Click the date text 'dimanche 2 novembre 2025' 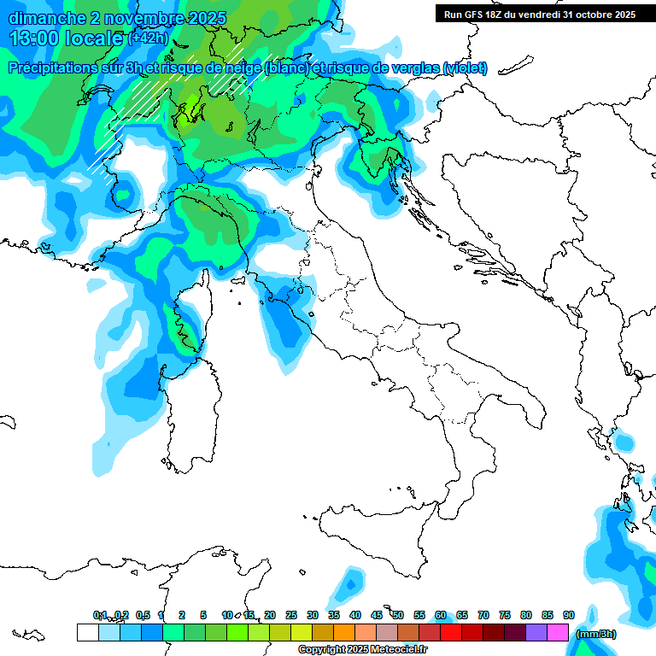pos(117,17)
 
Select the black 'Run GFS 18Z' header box pos(540,14)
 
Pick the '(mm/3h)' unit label pos(595,633)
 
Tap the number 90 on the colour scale pos(568,615)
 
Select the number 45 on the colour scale pos(377,615)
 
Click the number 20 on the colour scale pos(270,615)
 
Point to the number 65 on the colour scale pos(462,615)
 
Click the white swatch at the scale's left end pos(87,633)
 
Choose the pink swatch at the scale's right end pos(558,633)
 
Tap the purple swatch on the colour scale pos(536,633)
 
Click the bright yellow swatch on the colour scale pos(301,633)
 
